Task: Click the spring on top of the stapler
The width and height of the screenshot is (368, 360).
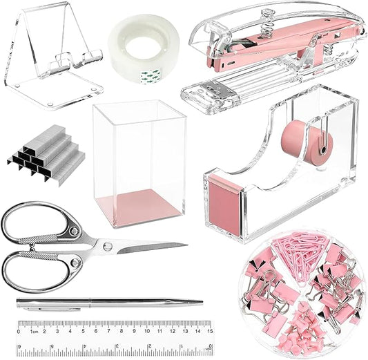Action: click(265, 21)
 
